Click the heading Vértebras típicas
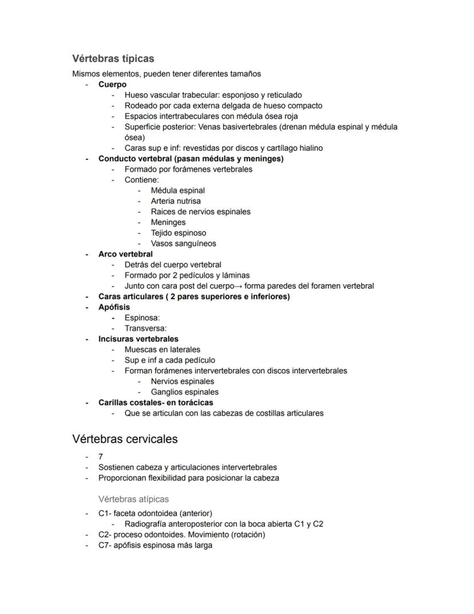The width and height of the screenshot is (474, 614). [113, 58]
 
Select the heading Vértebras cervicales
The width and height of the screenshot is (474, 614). [125, 439]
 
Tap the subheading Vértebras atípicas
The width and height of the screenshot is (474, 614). [133, 499]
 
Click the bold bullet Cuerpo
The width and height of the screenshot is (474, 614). [112, 84]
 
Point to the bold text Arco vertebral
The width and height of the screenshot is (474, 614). [125, 254]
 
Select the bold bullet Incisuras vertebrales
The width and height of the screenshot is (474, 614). [138, 339]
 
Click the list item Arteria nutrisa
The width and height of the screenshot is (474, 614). [175, 201]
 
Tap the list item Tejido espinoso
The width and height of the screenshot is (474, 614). [178, 233]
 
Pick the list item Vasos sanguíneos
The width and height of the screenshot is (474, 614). [183, 244]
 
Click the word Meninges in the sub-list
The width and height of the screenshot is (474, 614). [168, 222]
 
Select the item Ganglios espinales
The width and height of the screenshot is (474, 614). [184, 392]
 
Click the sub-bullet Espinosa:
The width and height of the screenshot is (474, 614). [142, 318]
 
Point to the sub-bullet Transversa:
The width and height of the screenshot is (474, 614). [145, 328]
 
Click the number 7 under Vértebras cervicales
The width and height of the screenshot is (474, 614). [101, 457]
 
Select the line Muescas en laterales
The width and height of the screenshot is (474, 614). [162, 350]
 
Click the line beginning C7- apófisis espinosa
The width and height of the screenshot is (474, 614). [155, 545]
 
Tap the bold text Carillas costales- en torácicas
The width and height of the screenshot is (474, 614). [156, 402]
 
